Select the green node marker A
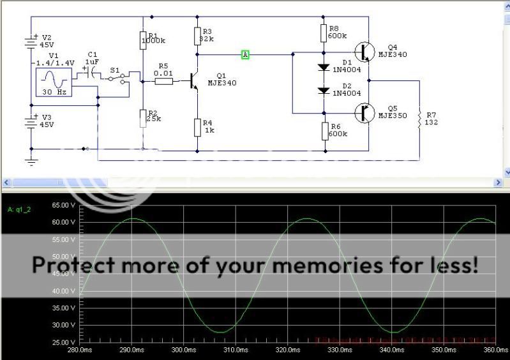tap(245, 55)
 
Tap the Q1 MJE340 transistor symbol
tap(193, 81)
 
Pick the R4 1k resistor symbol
tap(197, 127)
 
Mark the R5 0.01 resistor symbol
tap(163, 81)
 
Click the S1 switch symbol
tap(116, 78)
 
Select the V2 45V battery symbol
tap(30, 41)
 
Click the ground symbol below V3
tap(31, 161)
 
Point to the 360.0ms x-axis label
tap(495, 350)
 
